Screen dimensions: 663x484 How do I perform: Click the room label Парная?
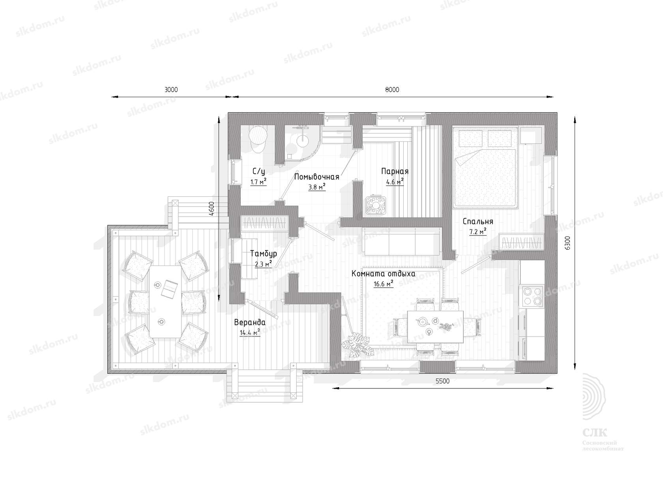tap(395, 171)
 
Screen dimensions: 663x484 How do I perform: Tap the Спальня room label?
tap(478, 221)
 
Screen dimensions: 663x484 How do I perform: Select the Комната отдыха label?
tap(383, 274)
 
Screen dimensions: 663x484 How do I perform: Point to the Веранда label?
tap(250, 322)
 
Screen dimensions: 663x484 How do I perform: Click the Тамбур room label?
tap(264, 254)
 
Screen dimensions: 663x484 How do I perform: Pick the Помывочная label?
tap(317, 177)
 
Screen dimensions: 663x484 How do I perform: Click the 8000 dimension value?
tap(392, 90)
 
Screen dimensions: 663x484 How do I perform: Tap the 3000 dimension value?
tap(171, 90)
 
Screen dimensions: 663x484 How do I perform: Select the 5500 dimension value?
tap(442, 381)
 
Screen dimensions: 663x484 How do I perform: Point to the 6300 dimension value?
tap(567, 243)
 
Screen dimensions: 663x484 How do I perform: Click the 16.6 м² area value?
tap(383, 284)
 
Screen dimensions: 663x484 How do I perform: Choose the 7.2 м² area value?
tap(478, 232)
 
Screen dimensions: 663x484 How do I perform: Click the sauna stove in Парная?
tap(376, 204)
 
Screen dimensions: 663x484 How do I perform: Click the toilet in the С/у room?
tap(258, 139)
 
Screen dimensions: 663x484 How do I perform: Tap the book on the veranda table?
tap(170, 288)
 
